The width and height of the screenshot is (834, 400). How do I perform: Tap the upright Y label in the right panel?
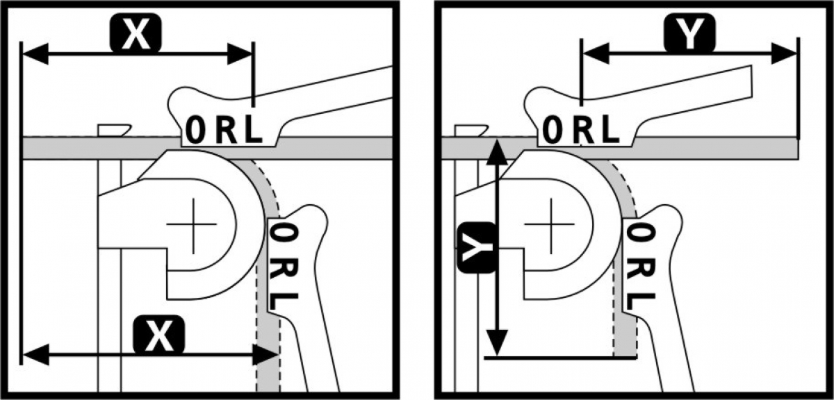(689, 35)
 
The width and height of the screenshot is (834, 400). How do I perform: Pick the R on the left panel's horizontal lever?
(226, 131)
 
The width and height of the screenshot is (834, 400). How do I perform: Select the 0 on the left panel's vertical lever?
(284, 233)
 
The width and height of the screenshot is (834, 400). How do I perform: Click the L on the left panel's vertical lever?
(285, 301)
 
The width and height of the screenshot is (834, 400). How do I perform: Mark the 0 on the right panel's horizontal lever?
(554, 130)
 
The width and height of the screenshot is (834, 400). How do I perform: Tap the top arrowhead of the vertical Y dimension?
(496, 149)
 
